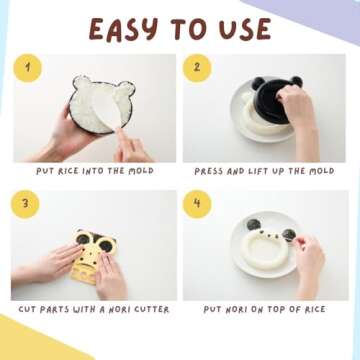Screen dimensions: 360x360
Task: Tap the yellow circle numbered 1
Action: [x=28, y=68]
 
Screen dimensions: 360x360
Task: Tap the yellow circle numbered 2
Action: [x=197, y=68]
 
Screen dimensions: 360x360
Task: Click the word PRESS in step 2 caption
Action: [x=211, y=171]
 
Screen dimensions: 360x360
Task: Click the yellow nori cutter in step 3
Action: [x=94, y=256]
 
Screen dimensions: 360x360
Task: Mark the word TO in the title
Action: [x=184, y=29]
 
